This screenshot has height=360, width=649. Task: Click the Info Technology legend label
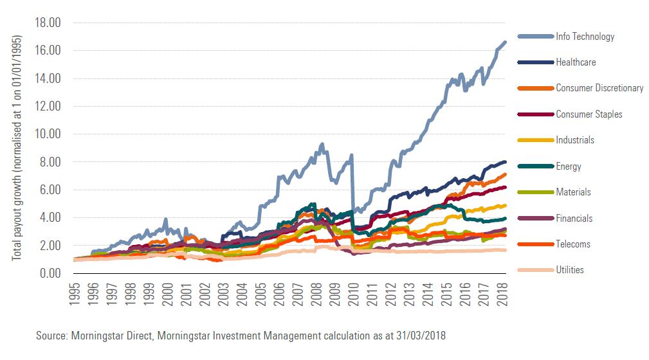[585, 37]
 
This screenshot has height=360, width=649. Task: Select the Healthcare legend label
[576, 62]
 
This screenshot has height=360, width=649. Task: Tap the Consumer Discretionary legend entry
[599, 88]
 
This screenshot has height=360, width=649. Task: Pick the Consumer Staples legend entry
[589, 114]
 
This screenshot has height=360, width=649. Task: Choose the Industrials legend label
[575, 140]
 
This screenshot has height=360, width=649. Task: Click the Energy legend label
[569, 166]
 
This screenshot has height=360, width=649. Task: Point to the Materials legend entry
[573, 192]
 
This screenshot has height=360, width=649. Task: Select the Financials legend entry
[574, 219]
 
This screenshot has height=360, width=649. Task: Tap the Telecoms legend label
[573, 244]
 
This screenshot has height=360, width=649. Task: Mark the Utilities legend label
[570, 270]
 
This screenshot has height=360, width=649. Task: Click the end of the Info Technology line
[506, 42]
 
